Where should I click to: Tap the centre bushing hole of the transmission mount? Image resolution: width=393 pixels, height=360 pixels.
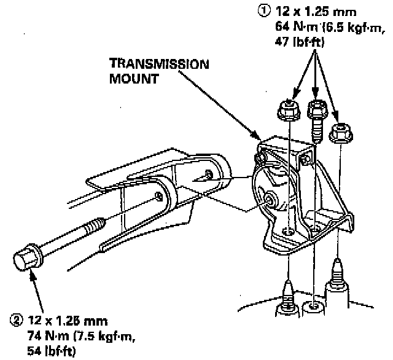[x=268, y=199]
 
